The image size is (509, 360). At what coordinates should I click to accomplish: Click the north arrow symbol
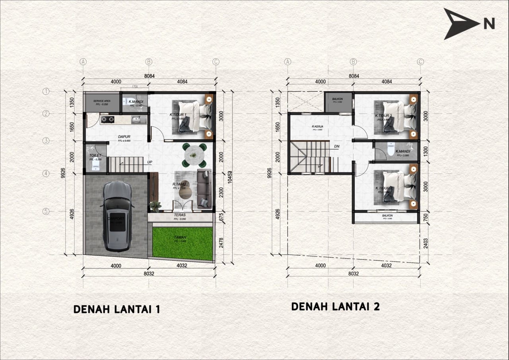461,24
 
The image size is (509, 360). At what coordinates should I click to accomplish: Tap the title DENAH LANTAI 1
117,309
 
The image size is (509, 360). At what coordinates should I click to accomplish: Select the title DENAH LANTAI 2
335,307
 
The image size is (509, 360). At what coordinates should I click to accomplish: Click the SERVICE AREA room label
101,101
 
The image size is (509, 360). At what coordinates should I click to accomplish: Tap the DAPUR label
124,137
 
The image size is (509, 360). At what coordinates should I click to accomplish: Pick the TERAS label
180,215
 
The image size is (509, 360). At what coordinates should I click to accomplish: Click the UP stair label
150,162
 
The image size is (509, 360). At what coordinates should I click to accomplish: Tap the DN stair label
337,146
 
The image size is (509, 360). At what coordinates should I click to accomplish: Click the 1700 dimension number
134,86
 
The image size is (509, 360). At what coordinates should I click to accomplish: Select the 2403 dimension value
425,243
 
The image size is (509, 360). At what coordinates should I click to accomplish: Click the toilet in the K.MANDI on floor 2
391,150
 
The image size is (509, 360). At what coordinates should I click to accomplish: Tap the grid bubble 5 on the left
46,212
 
